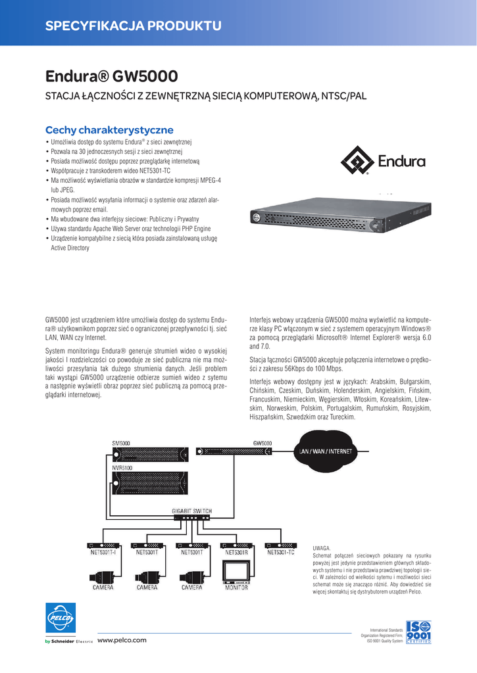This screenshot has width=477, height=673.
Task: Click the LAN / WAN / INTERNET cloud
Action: (324, 452)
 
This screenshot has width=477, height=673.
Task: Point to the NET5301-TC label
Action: (280, 552)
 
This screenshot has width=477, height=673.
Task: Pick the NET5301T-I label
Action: (103, 552)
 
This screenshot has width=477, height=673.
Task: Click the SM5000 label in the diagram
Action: (122, 443)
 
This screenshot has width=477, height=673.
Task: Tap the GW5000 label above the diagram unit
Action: (263, 443)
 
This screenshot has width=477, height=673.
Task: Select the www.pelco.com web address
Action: (122, 640)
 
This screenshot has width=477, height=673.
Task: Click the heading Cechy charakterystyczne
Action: (109, 129)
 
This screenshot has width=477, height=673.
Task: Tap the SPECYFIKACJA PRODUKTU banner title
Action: (133, 26)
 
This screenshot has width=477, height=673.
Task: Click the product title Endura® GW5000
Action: (111, 77)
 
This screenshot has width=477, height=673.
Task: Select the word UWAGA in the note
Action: (322, 547)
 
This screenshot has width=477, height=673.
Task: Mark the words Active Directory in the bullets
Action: (70, 248)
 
